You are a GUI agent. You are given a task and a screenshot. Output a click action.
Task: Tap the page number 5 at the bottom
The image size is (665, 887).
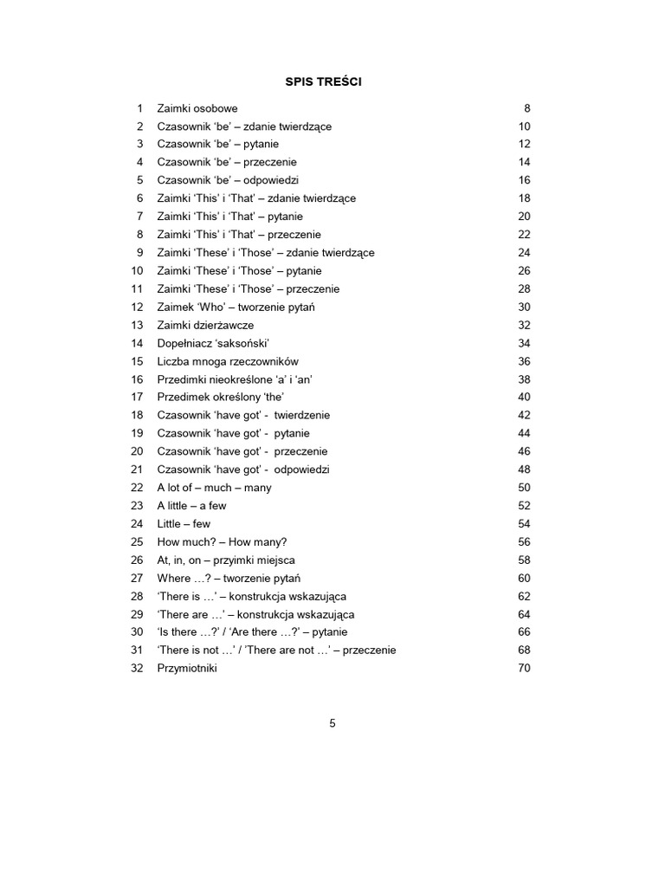pos(332,724)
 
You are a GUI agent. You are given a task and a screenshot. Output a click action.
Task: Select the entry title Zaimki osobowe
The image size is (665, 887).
pos(197,108)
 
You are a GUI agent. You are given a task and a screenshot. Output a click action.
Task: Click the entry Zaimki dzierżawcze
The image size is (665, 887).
pos(205,325)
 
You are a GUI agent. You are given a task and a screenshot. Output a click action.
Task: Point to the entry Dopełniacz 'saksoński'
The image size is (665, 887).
pos(207,343)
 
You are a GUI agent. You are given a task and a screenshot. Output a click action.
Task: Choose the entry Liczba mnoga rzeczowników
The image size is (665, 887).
pos(228,361)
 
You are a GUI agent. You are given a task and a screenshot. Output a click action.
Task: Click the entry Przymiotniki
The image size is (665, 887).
pos(187,668)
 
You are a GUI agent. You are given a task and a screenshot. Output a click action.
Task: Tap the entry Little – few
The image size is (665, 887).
pos(184,523)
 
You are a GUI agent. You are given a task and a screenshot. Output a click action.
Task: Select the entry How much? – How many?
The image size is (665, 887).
pos(222,541)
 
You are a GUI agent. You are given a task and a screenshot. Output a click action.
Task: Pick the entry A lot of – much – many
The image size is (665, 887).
pos(214,488)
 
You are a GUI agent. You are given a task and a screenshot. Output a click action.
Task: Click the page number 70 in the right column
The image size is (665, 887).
pos(523,668)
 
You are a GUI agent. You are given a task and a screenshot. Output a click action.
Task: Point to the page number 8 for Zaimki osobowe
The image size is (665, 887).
pos(526,108)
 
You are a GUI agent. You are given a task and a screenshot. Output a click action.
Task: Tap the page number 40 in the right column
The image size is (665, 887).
pos(523,397)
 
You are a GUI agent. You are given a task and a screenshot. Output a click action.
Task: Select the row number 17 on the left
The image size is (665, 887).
pos(137,397)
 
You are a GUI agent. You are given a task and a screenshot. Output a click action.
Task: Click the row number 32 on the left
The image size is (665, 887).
pos(137,668)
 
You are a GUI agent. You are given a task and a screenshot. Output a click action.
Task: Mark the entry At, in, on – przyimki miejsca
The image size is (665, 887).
pos(226,560)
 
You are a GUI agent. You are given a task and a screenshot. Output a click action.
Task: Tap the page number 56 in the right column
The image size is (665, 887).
pos(523,541)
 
